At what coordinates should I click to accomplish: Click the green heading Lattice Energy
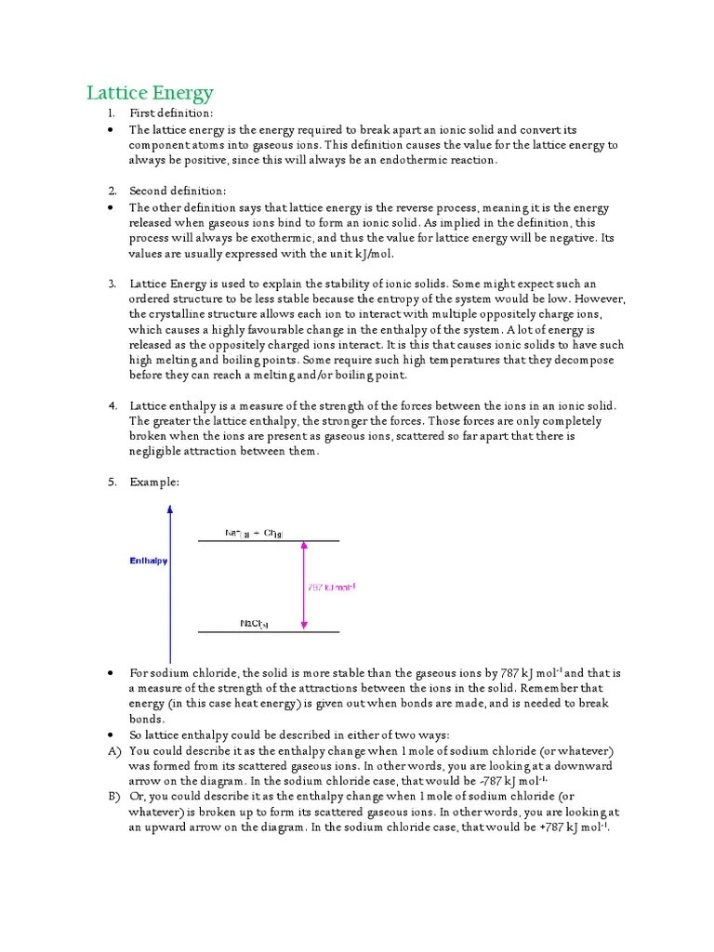[x=150, y=93]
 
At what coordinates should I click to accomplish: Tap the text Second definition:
[x=178, y=191]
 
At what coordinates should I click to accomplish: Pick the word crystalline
[x=180, y=314]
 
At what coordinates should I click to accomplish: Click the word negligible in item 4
[x=158, y=452]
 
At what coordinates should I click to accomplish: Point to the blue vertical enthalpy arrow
[x=169, y=586]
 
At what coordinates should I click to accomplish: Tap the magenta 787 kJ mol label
[x=331, y=587]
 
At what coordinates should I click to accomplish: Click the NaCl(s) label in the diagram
[x=255, y=623]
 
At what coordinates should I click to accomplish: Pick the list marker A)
[x=114, y=750]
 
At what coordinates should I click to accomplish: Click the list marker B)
[x=114, y=797]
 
